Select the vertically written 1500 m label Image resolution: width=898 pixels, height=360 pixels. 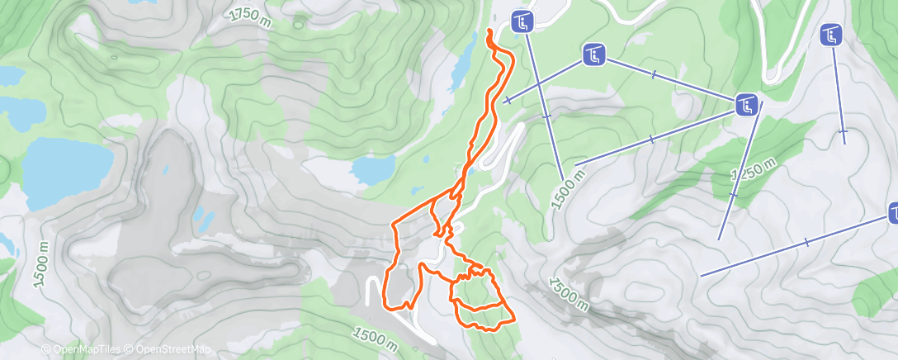(41, 264)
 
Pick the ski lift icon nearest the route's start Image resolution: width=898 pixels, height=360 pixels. (521, 20)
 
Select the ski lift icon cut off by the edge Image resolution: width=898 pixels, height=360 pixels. (892, 215)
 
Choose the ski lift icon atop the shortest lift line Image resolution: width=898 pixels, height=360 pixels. (830, 35)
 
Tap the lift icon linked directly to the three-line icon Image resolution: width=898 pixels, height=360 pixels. (593, 55)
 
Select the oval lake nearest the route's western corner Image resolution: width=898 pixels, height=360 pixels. (375, 170)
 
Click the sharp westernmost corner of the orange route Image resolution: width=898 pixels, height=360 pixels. (391, 223)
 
